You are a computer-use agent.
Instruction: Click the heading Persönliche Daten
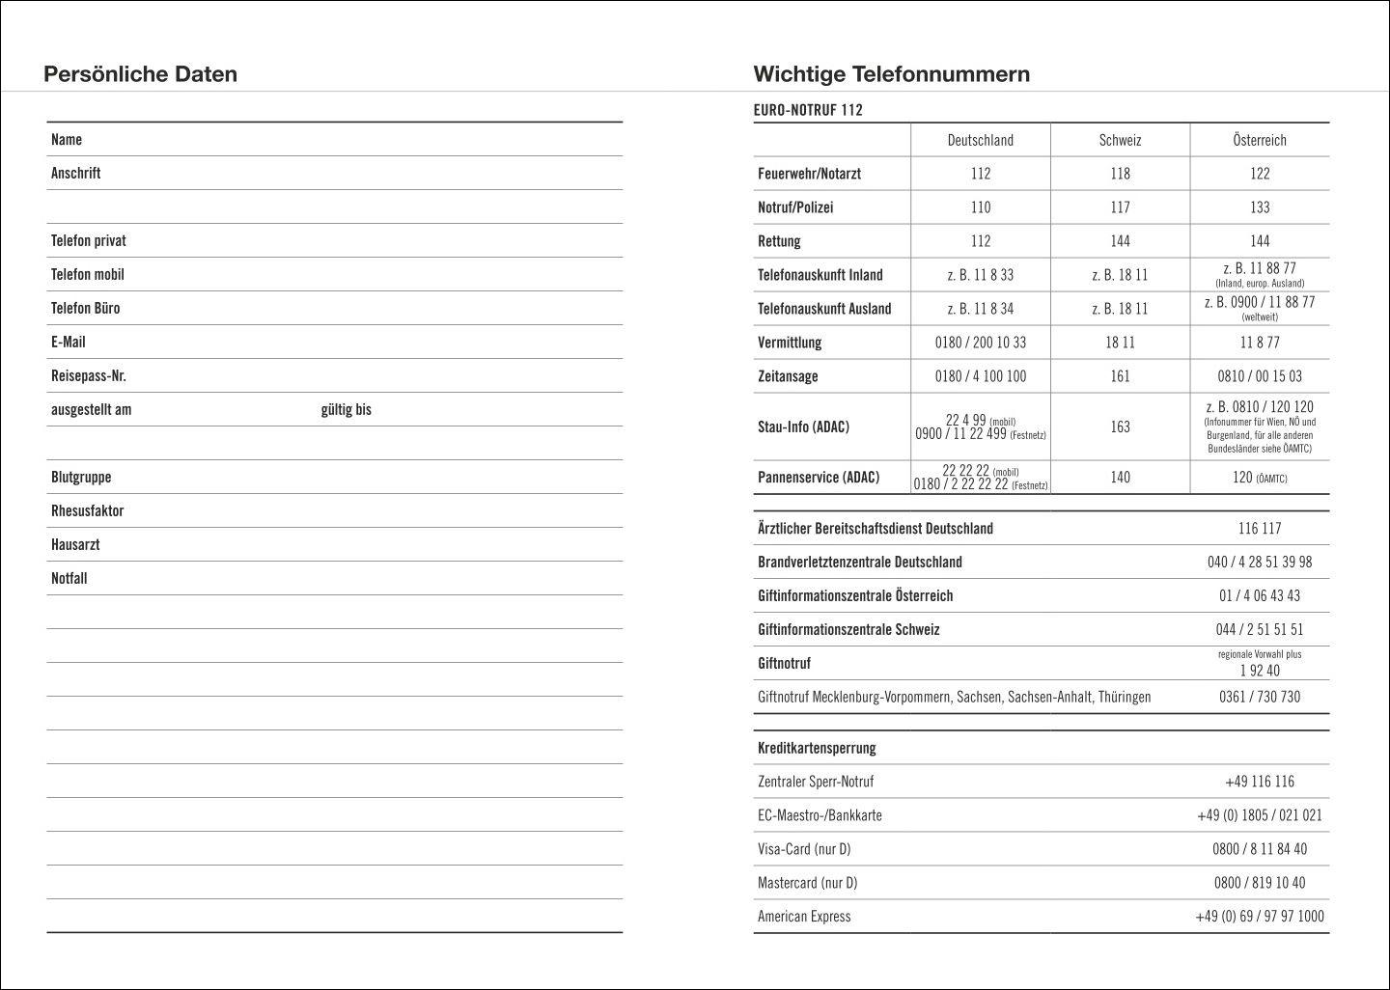pos(140,74)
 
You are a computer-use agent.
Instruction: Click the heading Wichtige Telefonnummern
pos(891,74)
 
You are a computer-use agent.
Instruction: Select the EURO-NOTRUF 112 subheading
pos(808,110)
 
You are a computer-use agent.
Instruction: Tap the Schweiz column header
pos(1120,140)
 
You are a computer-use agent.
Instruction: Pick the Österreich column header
pos(1259,140)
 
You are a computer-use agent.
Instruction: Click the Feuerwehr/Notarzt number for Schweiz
pos(1120,174)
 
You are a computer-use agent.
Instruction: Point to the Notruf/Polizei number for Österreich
pos(1259,207)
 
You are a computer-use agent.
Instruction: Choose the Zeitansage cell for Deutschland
pos(980,376)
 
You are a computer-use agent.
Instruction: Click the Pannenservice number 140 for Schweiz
pos(1120,477)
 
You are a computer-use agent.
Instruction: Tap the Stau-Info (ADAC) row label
pos(803,426)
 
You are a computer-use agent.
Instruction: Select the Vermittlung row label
pos(790,343)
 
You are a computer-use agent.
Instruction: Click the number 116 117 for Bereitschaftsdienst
pos(1259,529)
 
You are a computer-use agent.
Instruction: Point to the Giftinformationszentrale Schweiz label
pos(848,629)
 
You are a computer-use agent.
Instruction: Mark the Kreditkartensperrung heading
pos(817,748)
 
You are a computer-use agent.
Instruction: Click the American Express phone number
pos(1259,917)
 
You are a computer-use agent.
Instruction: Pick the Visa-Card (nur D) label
pos(804,849)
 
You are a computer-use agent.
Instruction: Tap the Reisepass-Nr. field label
pos(89,375)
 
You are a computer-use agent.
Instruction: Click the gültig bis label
pos(346,409)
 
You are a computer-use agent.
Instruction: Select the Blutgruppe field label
pos(81,477)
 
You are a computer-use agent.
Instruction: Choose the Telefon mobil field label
pos(88,274)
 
